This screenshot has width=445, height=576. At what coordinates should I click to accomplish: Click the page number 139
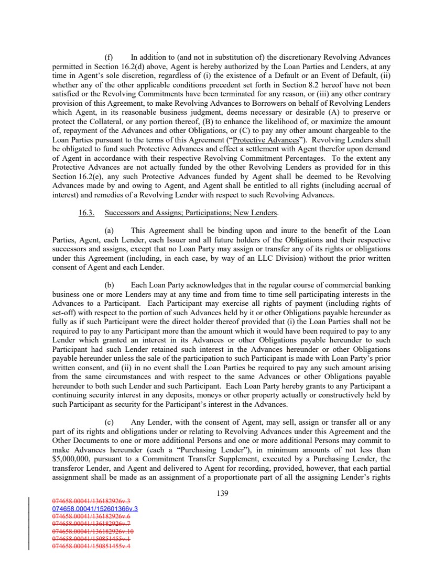click(x=222, y=493)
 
